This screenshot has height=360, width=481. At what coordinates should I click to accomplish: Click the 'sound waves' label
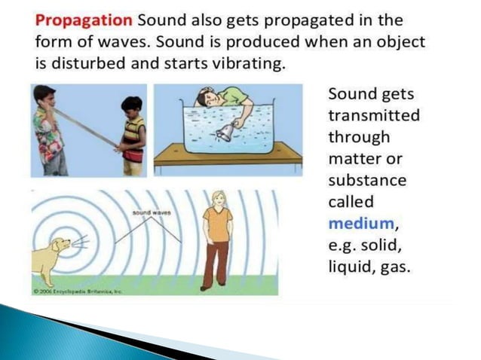[148, 215]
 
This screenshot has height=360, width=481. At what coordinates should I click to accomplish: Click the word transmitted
[374, 116]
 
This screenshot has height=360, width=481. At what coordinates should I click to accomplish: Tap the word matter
[357, 160]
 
